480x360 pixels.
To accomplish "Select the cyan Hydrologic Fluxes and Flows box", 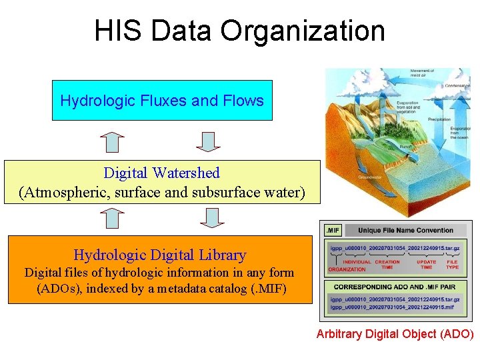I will click(162, 101).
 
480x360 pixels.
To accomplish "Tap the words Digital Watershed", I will click(161, 173).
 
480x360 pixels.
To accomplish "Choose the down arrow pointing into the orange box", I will click(211, 218).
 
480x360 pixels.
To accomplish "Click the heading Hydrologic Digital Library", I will click(160, 255).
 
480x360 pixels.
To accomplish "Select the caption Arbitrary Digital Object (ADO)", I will click(395, 333).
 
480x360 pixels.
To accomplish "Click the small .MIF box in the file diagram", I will click(332, 231).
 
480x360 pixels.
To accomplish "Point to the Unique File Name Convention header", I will click(405, 231).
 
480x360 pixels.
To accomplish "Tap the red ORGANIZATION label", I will click(347, 269).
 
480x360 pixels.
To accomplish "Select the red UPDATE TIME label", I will click(427, 265).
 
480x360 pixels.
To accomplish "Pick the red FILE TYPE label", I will click(452, 265).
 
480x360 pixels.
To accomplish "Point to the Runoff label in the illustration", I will click(405, 147).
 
